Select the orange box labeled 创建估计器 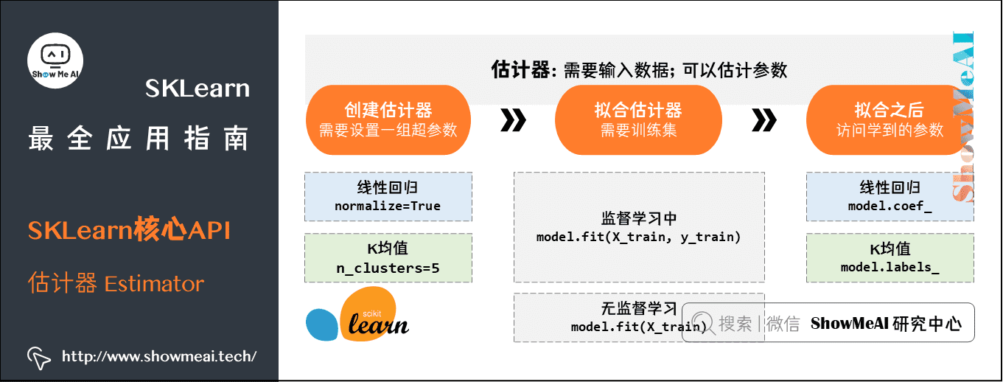[388, 119]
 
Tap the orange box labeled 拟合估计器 [638, 119]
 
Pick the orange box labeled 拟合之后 [889, 119]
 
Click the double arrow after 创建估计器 [513, 120]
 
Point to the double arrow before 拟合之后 [764, 120]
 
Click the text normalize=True [388, 206]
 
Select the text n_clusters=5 [388, 268]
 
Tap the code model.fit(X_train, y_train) [638, 237]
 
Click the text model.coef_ [890, 206]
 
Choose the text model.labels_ [890, 268]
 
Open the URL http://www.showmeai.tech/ [159, 357]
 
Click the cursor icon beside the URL [39, 357]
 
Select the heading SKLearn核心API [130, 231]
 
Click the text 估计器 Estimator [116, 283]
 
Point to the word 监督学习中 [638, 220]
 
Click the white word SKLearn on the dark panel [198, 89]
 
